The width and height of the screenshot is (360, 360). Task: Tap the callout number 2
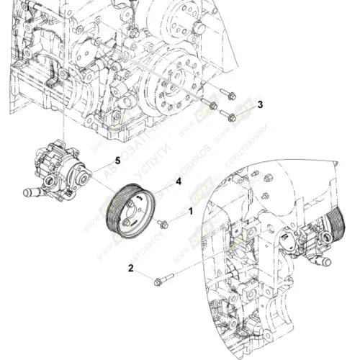click(131, 269)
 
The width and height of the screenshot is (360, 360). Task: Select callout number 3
click(261, 104)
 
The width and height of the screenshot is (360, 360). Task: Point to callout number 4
click(177, 181)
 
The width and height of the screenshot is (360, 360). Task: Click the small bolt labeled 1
click(163, 223)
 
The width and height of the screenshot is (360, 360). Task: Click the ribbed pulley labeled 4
click(130, 211)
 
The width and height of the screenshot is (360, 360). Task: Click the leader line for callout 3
click(245, 107)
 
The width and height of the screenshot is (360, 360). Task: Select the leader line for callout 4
click(162, 186)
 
